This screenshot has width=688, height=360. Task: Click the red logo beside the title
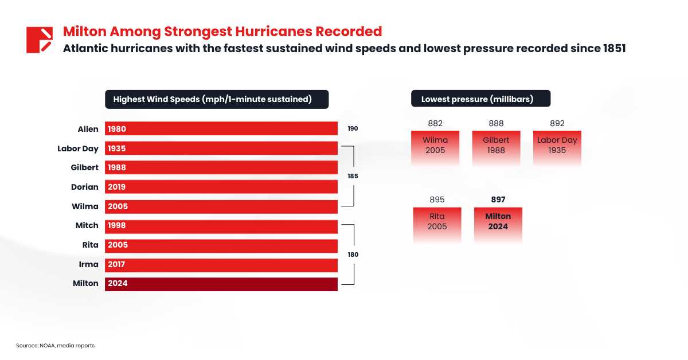point(40,40)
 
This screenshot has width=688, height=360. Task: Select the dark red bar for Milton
point(221,284)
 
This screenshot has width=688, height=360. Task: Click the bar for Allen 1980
point(221,129)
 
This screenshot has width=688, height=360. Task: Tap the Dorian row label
point(85,187)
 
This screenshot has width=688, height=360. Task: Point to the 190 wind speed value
point(353,129)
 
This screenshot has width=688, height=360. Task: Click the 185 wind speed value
point(353,177)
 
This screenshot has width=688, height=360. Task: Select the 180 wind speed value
point(353,255)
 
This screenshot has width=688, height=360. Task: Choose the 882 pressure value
point(435,123)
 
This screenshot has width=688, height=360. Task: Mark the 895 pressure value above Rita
point(437,199)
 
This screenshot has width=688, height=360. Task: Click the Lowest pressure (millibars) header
point(480,99)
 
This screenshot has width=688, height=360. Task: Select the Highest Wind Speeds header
point(216,99)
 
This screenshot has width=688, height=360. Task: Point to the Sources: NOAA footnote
point(55,346)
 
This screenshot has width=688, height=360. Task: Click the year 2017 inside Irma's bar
point(117,264)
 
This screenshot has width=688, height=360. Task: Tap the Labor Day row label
point(78,148)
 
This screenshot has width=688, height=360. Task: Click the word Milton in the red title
point(84,31)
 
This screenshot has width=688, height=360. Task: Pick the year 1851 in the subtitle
point(613,48)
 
